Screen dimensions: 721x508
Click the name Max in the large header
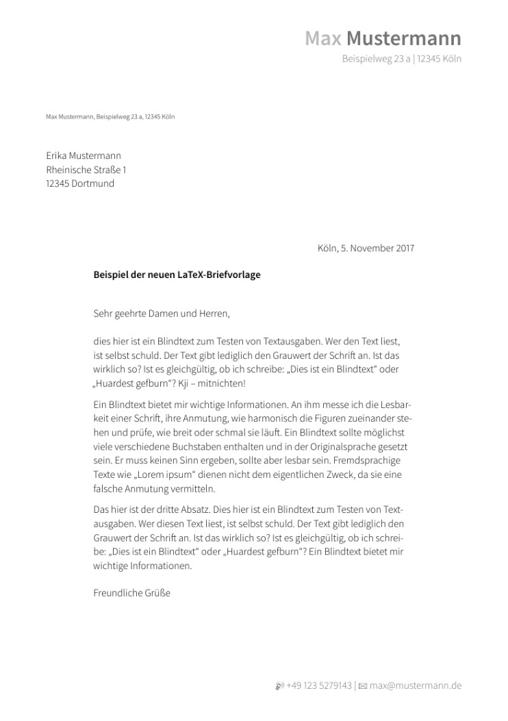[x=323, y=38]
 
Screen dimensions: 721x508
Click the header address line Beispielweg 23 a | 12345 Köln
[x=401, y=59]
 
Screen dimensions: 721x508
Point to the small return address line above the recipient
[x=110, y=117]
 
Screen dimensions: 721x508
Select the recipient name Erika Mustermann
[x=84, y=156]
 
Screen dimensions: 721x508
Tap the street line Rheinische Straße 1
[x=86, y=170]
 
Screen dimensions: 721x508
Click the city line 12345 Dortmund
[x=80, y=184]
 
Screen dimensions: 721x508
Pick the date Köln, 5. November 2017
[x=366, y=248]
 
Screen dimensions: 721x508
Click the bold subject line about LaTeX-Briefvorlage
[x=177, y=275]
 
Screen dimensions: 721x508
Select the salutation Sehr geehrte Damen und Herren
[x=162, y=314]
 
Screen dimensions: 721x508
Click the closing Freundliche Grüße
[x=131, y=592]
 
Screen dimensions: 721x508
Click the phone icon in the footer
[x=279, y=685]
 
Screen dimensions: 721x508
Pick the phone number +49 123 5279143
[x=319, y=685]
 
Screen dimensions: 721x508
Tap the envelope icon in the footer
[x=363, y=685]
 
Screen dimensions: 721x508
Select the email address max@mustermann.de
[x=416, y=685]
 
